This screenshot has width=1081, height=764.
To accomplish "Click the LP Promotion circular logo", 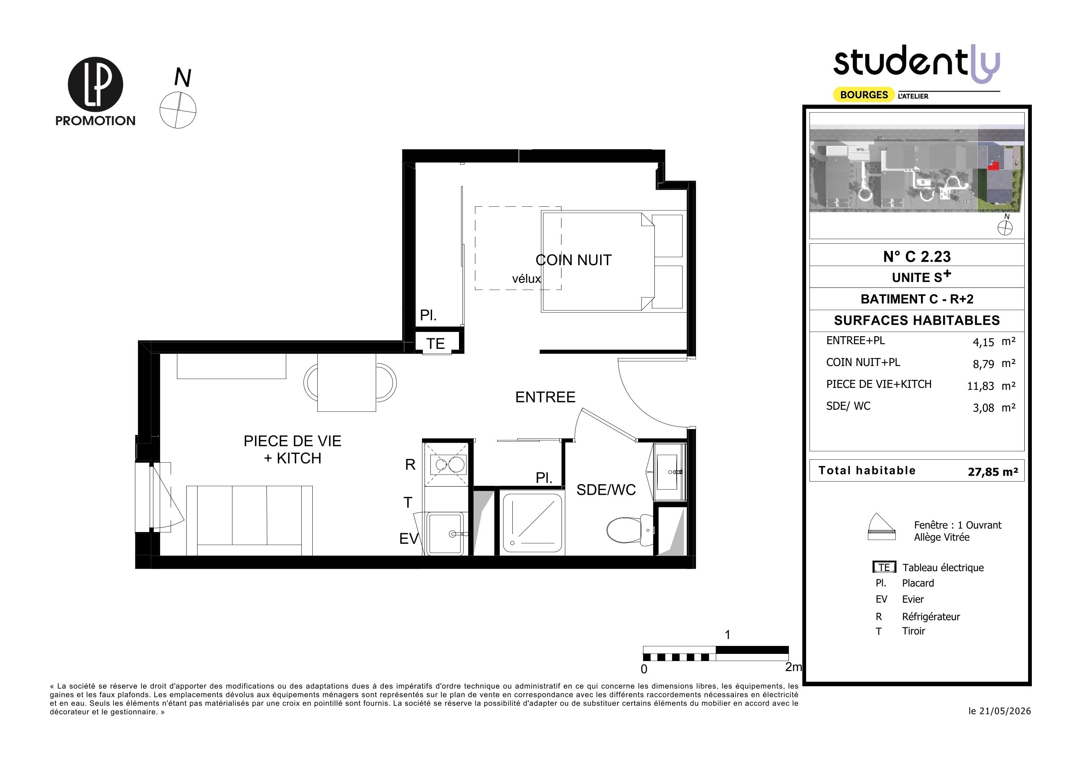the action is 95,85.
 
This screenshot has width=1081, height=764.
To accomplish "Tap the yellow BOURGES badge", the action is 864,95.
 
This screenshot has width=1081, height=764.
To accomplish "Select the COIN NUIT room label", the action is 573,260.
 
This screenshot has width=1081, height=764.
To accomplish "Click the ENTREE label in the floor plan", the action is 545,397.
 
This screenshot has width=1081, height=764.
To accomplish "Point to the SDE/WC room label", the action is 606,490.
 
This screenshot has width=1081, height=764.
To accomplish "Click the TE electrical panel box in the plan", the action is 436,343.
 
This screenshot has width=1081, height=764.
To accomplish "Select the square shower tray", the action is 533,522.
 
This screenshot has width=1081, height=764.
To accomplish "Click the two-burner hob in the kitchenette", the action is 447,465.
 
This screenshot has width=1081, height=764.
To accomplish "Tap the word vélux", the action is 526,279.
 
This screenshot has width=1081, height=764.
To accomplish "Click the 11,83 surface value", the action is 980,386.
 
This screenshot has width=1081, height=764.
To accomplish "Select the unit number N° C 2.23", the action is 917,256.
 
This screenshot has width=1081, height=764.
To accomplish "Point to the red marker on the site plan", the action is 994,165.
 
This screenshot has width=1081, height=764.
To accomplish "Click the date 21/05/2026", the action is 1005,711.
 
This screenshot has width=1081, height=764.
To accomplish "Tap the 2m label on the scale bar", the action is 794,667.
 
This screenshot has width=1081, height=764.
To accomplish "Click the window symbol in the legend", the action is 881,526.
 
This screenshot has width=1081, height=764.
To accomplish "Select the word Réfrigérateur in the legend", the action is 931,616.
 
